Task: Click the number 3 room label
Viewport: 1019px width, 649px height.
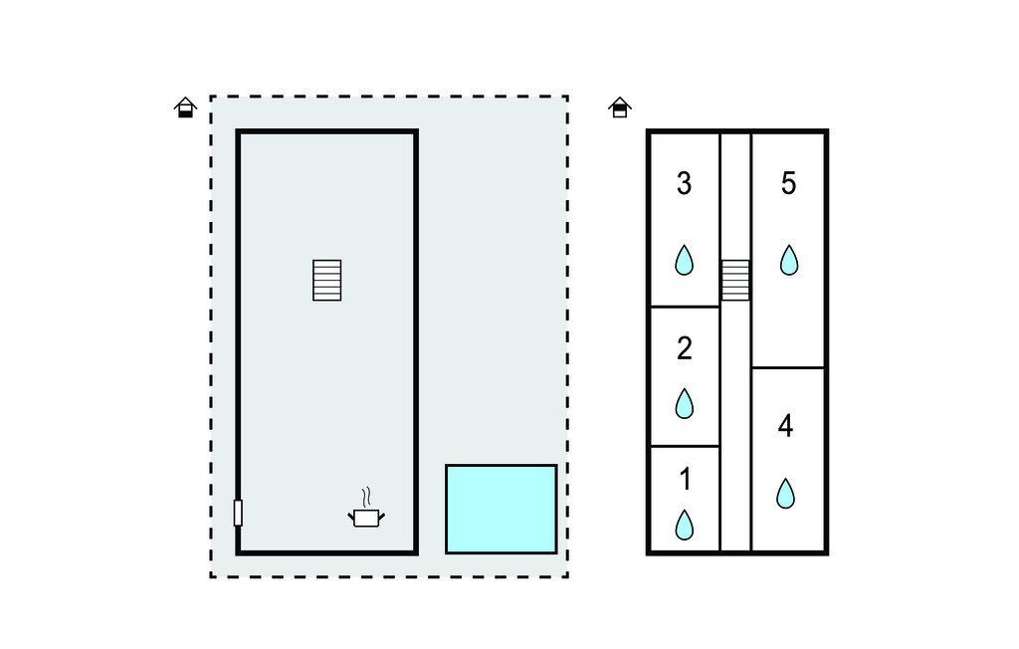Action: (684, 184)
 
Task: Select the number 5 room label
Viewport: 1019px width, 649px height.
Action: (788, 184)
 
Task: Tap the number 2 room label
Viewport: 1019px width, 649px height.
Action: (684, 348)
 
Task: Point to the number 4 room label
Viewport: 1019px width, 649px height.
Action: (785, 426)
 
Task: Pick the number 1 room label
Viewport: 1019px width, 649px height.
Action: (684, 480)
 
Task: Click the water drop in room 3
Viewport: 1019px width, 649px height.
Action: (684, 260)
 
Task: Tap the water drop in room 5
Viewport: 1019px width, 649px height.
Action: (788, 260)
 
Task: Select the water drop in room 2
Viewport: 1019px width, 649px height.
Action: (684, 403)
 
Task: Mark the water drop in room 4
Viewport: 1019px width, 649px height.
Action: (785, 494)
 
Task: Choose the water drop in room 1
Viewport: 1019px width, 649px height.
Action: (684, 525)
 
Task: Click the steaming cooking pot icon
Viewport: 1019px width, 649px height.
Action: (365, 518)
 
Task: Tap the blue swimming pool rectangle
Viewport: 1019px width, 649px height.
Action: (501, 509)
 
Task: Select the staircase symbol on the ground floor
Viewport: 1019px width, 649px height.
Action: (327, 281)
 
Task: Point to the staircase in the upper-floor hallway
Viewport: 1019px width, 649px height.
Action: (735, 280)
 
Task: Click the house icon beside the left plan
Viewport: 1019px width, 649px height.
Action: (185, 108)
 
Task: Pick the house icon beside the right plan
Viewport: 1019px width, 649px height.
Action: (619, 108)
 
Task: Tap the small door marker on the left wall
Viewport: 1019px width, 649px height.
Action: (238, 513)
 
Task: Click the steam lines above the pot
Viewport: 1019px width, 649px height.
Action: (366, 497)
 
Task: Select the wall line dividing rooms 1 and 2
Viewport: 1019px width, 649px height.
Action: (684, 446)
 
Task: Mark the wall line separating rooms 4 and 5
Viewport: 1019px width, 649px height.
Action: (788, 368)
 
